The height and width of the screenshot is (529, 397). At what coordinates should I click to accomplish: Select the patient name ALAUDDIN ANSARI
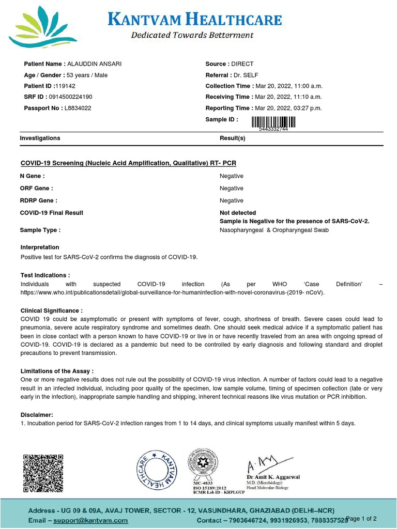pos(95,64)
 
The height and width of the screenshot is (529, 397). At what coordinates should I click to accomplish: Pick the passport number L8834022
pos(78,108)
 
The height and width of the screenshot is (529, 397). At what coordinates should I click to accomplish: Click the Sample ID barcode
pos(273,122)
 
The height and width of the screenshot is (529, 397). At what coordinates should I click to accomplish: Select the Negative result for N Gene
pos(231,176)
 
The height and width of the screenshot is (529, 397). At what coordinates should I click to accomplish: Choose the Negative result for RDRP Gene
pos(231,200)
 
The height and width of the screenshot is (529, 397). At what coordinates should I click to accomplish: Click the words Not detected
pos(237,213)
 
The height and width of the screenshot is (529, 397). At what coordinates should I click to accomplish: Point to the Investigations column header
pos(40,138)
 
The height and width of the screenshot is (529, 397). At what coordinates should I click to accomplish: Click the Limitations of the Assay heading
pos(57,371)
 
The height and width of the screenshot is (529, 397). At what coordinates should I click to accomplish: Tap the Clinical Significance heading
pos(51,311)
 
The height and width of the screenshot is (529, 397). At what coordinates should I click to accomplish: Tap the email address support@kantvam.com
pos(91,521)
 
